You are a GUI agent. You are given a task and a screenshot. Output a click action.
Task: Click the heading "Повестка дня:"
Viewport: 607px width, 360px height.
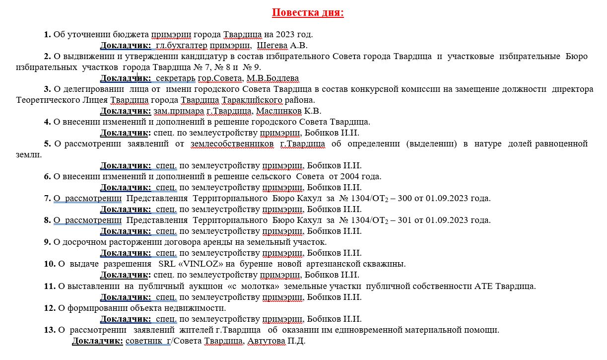tap(308, 12)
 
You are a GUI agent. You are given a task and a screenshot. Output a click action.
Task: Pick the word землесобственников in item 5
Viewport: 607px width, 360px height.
tap(232, 144)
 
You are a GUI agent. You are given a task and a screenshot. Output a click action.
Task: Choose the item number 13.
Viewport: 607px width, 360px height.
tap(49, 330)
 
